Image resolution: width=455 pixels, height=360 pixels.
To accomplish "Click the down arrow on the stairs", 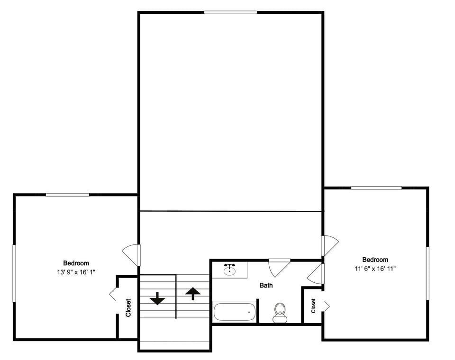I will click(x=157, y=299).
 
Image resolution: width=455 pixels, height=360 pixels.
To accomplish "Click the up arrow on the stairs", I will click(x=192, y=294).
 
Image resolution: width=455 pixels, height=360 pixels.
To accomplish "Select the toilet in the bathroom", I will click(x=280, y=312).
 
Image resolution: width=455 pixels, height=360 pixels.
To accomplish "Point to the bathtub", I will click(x=235, y=312).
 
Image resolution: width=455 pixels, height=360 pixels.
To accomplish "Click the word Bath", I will click(x=266, y=286).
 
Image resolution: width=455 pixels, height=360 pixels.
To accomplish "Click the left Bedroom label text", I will click(x=76, y=263).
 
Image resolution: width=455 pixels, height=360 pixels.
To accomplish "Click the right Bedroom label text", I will click(x=375, y=260).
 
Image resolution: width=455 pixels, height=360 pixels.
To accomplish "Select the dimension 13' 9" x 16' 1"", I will click(x=76, y=272).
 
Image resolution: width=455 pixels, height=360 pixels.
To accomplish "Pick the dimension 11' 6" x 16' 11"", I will click(x=375, y=269).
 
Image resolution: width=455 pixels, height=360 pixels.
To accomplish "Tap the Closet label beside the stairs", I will click(x=128, y=307).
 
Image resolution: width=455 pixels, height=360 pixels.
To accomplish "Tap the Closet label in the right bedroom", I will click(x=313, y=306).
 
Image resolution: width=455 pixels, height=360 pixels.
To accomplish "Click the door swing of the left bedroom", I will click(x=131, y=254).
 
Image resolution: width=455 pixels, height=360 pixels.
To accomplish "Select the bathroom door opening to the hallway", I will click(x=279, y=267).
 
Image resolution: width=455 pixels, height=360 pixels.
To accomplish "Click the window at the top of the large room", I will click(x=230, y=12).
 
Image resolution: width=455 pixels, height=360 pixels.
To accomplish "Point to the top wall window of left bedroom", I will click(x=67, y=195).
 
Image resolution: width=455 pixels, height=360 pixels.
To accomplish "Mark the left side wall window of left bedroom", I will click(x=14, y=273).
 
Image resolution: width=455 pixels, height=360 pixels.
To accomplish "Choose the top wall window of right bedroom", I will click(x=376, y=188).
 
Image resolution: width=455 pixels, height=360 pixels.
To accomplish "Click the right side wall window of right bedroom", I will click(x=427, y=273).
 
